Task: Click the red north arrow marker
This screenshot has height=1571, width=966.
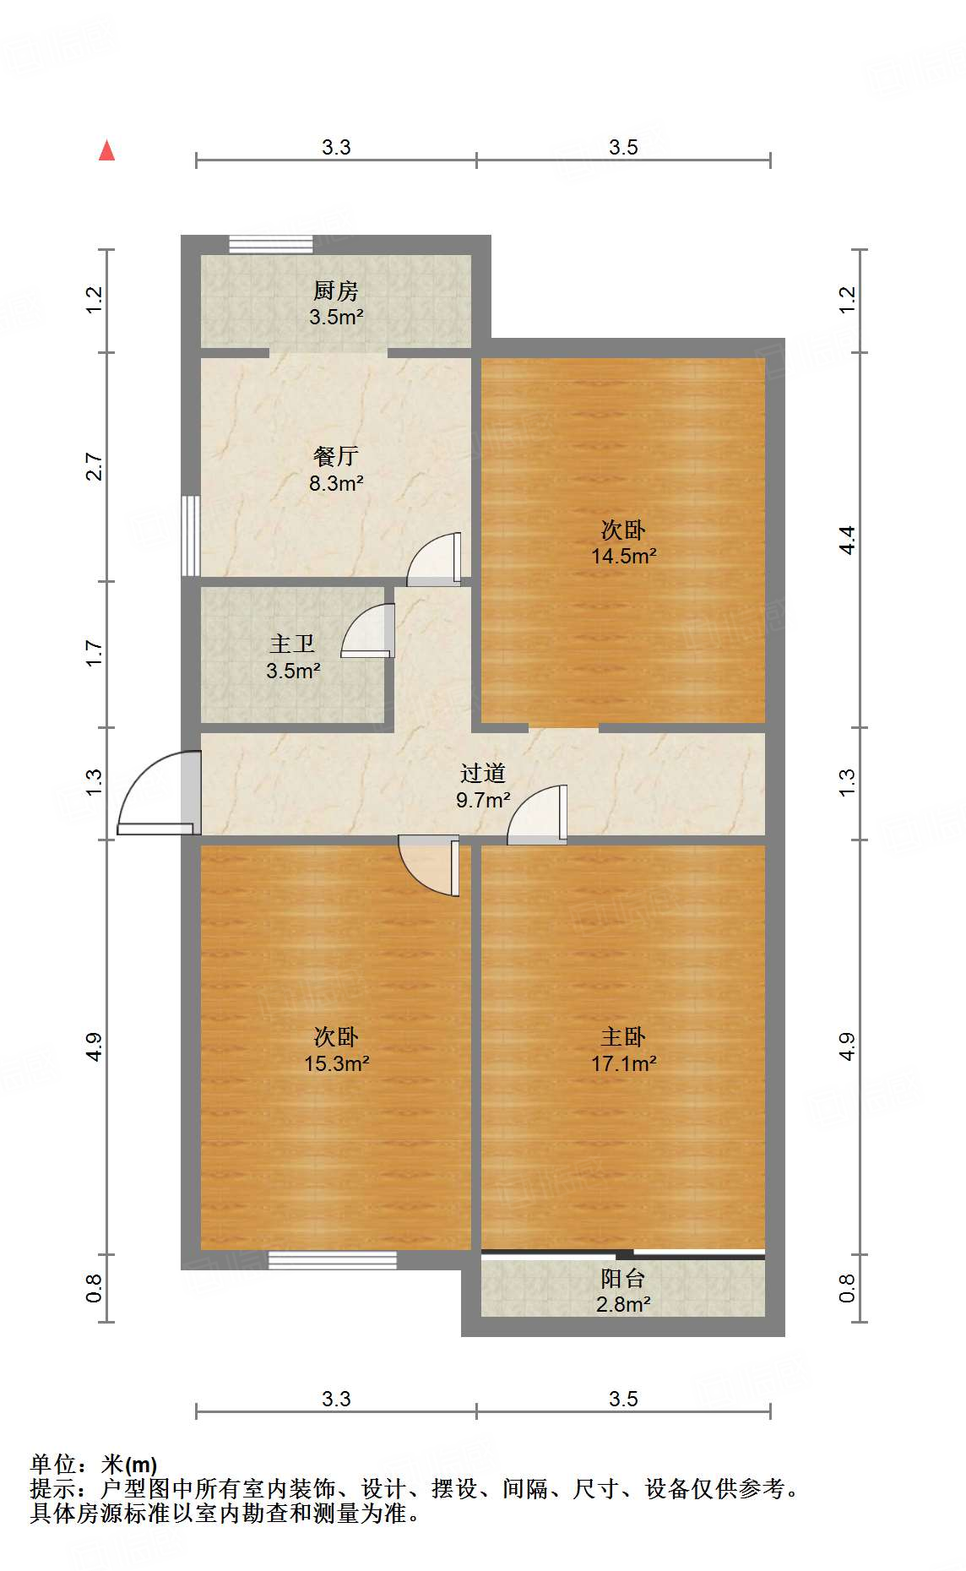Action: (106, 150)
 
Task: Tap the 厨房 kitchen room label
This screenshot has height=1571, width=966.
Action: (336, 291)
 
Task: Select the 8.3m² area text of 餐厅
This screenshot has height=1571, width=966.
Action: (336, 484)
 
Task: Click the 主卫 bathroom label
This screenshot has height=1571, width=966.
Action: (292, 644)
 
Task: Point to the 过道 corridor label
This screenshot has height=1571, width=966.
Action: (483, 773)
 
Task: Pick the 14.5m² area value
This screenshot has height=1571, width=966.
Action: (623, 557)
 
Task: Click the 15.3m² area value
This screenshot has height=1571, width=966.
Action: (336, 1063)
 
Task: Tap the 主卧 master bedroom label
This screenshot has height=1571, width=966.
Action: (623, 1036)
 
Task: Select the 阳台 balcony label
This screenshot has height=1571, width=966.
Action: (623, 1279)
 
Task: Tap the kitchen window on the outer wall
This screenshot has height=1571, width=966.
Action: (271, 244)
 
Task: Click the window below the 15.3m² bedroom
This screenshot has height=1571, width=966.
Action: (333, 1260)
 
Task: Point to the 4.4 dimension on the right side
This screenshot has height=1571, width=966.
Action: (847, 540)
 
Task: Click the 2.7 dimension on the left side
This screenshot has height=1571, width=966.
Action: (94, 467)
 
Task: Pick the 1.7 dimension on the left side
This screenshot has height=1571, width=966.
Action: (94, 654)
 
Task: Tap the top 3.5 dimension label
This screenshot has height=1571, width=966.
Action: (623, 148)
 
